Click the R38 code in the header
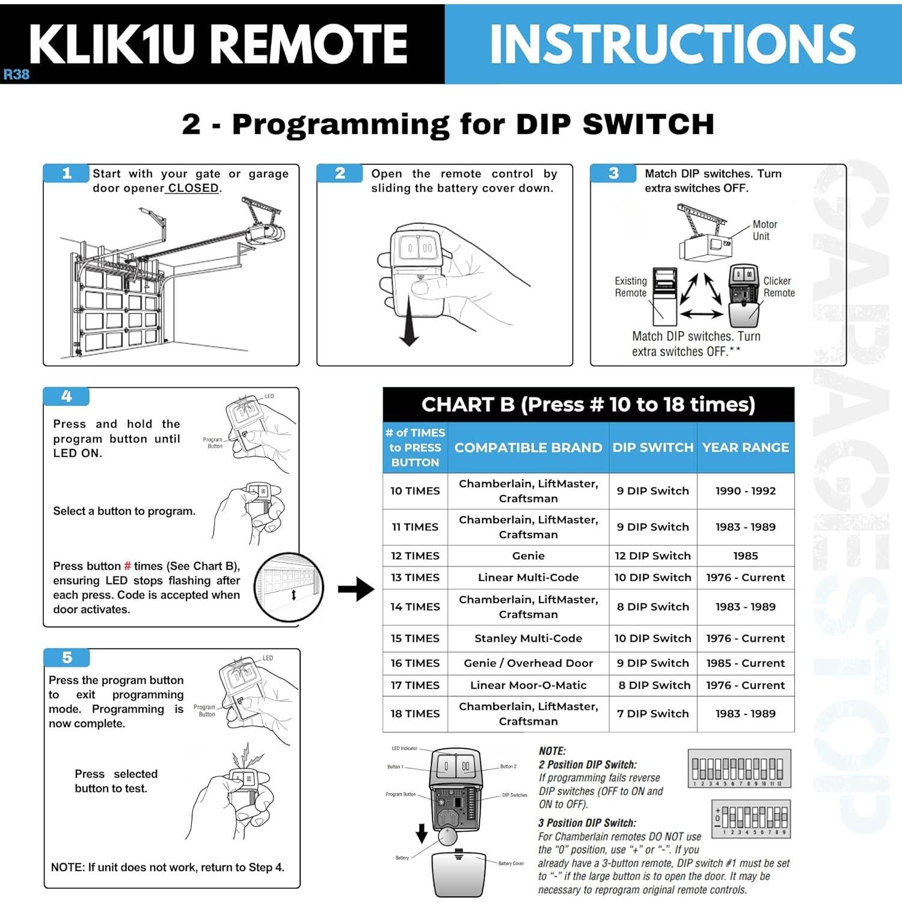coord(16,75)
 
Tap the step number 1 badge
coord(67,173)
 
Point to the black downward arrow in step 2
coord(409,319)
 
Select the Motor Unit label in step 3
coord(764,230)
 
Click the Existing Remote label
coord(630,287)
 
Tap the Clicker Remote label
coord(779,287)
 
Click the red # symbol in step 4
coord(127,566)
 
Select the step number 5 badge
coord(67,657)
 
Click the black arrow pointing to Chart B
coord(356,589)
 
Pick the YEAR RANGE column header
coord(746,447)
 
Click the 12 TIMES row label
coord(415,556)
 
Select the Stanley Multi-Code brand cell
coord(528,638)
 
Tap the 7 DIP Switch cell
coord(652,713)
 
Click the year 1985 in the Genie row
coord(746,556)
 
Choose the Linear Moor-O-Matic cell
coord(528,685)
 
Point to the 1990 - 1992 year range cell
coord(746,491)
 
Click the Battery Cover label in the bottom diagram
coord(511,863)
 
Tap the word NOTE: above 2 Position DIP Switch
coord(552,751)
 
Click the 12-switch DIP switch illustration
coord(739,769)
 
